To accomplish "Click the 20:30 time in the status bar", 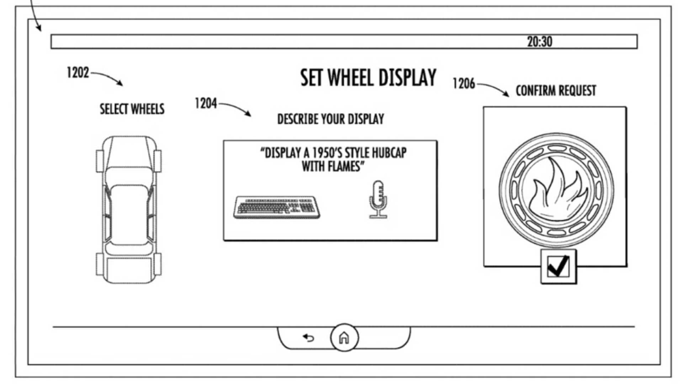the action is point(540,42).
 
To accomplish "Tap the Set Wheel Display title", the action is point(368,78).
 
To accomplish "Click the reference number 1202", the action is point(78,72).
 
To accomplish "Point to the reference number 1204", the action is point(206,104).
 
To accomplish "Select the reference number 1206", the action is point(464,83).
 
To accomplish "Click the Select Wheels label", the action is point(132,108).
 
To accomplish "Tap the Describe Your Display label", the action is point(331,119).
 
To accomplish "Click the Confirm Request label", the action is point(556,91).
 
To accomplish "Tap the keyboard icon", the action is point(277,207).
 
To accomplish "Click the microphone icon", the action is point(378,199).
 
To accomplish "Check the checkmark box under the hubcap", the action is point(559,266).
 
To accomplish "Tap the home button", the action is point(344,338).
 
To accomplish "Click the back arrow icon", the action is point(309,338).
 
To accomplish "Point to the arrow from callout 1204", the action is point(235,107).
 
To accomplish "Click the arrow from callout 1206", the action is point(493,87).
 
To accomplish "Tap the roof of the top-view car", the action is point(129,213).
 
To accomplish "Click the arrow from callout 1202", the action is point(107,76).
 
